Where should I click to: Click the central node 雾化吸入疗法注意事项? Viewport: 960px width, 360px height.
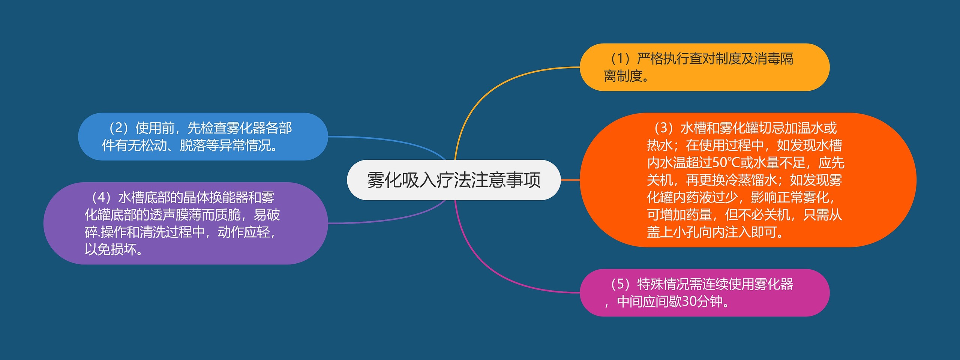[454, 180]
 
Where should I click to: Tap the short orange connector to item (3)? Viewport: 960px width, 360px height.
[570, 180]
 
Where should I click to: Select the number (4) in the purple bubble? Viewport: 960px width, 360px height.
[101, 198]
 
